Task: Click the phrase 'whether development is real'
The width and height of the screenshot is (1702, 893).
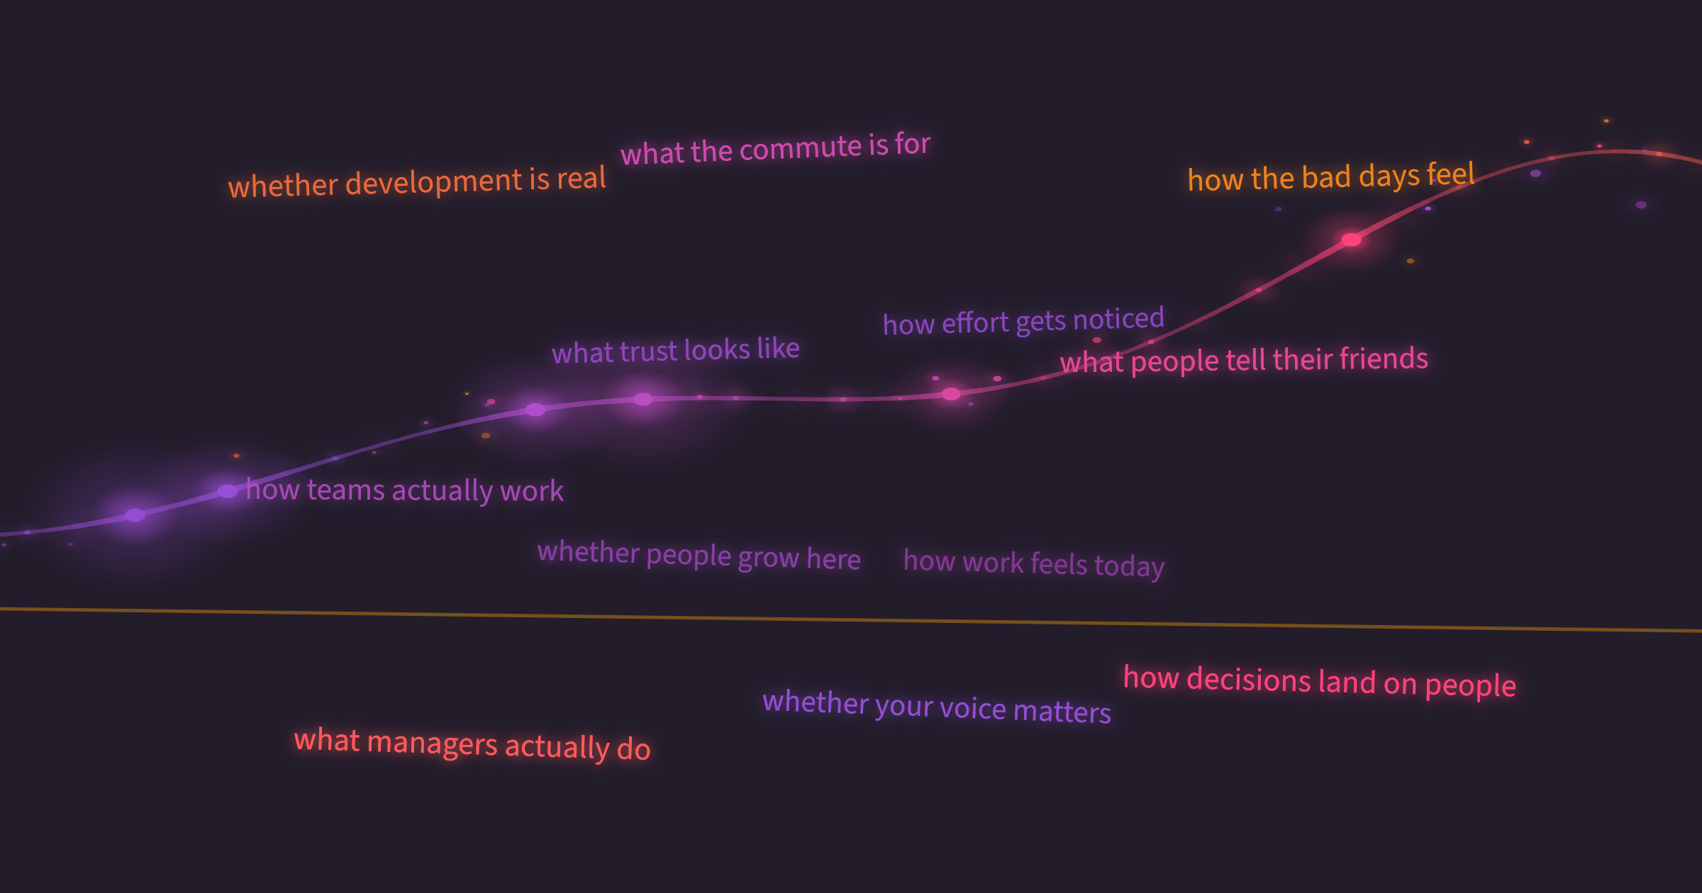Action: click(417, 182)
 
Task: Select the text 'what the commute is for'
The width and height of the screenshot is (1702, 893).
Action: click(775, 149)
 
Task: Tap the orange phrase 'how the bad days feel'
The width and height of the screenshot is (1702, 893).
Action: click(1331, 177)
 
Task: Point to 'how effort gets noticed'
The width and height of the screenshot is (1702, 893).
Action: click(1023, 321)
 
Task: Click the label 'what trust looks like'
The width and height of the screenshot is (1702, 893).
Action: click(676, 350)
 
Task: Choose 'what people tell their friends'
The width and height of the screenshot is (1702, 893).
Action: click(1244, 360)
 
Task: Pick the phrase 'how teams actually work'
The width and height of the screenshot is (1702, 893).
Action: click(405, 490)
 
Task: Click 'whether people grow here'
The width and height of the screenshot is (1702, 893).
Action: click(699, 555)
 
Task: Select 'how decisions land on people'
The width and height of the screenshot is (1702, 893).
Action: click(1320, 682)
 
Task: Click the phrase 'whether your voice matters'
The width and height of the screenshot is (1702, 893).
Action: click(937, 707)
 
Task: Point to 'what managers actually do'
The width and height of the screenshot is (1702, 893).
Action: click(472, 744)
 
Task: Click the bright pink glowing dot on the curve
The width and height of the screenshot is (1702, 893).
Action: click(1352, 240)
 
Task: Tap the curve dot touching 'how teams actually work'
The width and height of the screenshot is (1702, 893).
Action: click(227, 490)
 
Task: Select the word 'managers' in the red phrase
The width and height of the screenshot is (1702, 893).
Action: click(433, 743)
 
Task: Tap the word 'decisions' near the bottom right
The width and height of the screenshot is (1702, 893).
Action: click(1249, 679)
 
